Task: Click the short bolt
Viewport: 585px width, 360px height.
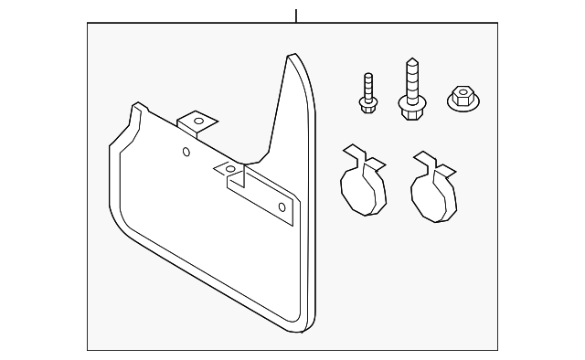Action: click(x=367, y=93)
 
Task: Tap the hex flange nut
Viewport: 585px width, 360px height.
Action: click(x=463, y=98)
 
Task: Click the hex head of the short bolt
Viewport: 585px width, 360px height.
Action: click(x=367, y=107)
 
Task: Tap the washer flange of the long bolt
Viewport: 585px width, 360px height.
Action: click(x=410, y=102)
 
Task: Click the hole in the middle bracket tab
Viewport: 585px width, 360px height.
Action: click(x=230, y=169)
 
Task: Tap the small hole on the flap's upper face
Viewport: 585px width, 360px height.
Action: click(x=186, y=152)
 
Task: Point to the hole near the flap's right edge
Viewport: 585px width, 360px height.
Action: click(x=282, y=208)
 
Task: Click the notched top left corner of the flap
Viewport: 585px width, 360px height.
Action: click(x=135, y=108)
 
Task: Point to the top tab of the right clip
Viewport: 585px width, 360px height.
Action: click(x=422, y=158)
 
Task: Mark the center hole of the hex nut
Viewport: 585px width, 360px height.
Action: click(x=463, y=96)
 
